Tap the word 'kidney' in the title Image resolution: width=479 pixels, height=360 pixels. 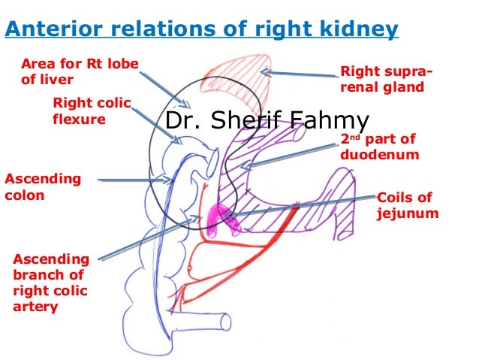click(363, 30)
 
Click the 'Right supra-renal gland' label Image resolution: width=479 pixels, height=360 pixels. click(386, 79)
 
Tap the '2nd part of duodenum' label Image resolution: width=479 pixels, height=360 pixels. click(378, 147)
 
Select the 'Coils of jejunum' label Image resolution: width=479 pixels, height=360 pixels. click(406, 205)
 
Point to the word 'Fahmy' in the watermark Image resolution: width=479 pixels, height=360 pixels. click(332, 122)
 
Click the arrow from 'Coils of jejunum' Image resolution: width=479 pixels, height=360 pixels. click(300, 207)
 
